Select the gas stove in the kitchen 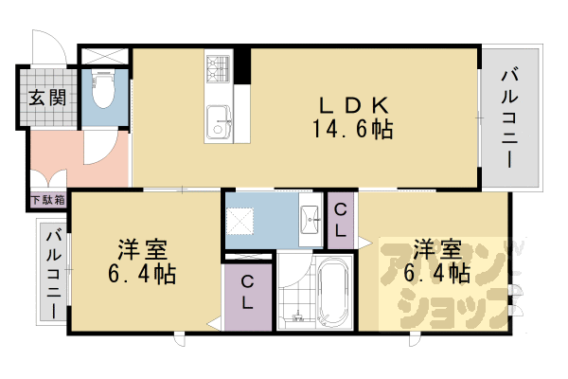[219, 67]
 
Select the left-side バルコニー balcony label [53, 274]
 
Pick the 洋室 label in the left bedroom [143, 251]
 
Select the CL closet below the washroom [246, 293]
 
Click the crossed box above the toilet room [103, 55]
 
